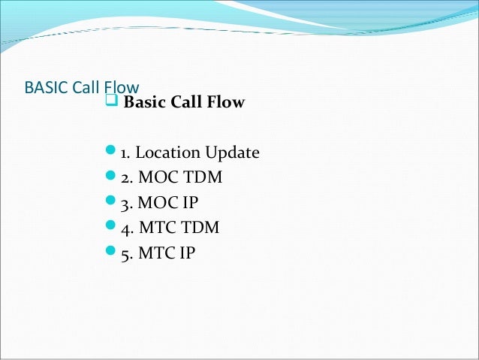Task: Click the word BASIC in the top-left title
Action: click(46, 87)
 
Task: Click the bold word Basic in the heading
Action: click(145, 103)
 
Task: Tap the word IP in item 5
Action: click(186, 253)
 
